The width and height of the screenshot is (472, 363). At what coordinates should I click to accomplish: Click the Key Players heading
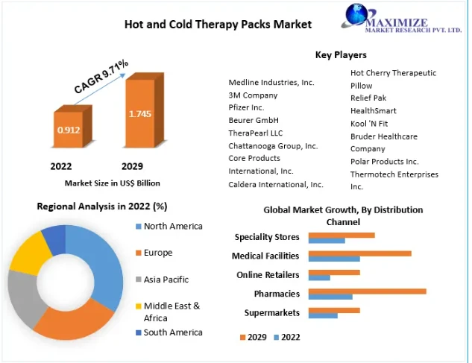point(341,55)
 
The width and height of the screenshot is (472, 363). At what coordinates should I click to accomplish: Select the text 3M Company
point(253,95)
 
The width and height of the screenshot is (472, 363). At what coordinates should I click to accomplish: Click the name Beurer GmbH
point(254,120)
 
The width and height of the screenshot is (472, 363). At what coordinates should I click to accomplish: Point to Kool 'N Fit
point(369,123)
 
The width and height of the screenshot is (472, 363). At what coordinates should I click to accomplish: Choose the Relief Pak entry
point(368,98)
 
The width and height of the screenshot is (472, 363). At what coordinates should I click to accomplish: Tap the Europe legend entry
point(157,253)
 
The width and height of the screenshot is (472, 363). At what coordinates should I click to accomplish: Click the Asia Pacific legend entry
point(166,280)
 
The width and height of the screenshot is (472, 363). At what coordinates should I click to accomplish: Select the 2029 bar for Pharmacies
point(367,291)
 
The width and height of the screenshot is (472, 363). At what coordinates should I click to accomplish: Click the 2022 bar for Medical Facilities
point(334,259)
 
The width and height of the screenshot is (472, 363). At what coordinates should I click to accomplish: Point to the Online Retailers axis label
point(268,275)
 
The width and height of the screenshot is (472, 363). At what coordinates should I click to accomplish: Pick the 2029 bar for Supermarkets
point(334,310)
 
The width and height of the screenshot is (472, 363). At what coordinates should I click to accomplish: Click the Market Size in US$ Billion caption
point(113,183)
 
